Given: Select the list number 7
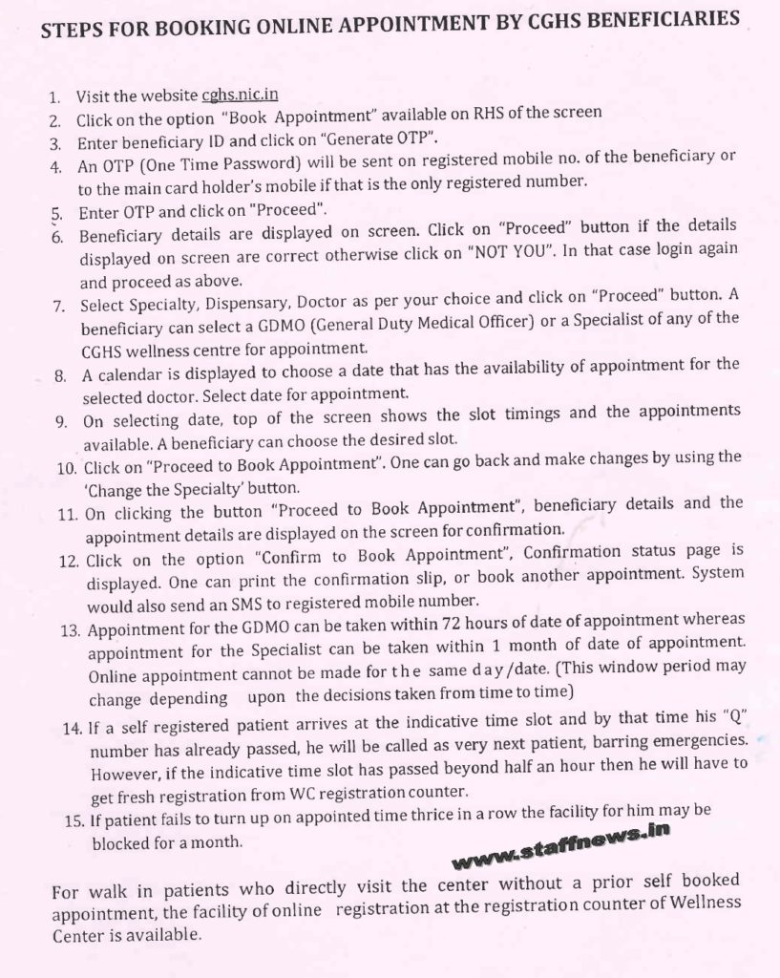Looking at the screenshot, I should (59, 307).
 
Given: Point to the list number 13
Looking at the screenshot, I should (70, 630).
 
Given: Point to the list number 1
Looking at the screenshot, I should (54, 97).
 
